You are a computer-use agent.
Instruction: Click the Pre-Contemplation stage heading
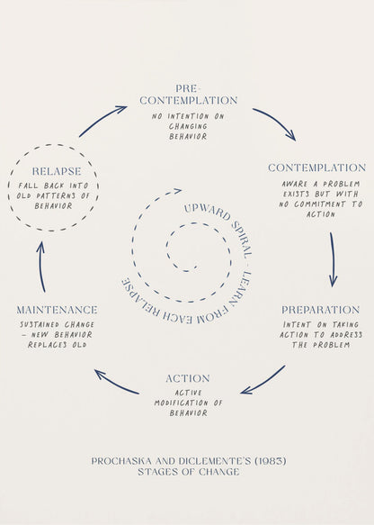click(x=189, y=95)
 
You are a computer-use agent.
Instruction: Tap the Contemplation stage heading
click(x=316, y=167)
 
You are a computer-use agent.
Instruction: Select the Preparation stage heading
click(x=320, y=310)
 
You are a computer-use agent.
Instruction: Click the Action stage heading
click(x=188, y=378)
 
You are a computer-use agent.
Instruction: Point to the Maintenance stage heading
click(x=56, y=310)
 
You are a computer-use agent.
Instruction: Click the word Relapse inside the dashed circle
click(x=56, y=171)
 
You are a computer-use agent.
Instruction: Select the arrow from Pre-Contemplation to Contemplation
click(x=274, y=124)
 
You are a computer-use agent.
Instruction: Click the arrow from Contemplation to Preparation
click(x=332, y=259)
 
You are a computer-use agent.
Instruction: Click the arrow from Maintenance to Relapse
click(x=40, y=267)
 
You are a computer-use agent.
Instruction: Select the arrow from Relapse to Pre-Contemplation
click(x=103, y=121)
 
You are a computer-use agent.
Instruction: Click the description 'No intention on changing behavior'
click(x=189, y=126)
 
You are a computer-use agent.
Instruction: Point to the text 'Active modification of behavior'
click(x=188, y=403)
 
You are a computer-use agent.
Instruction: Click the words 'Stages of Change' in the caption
click(x=188, y=472)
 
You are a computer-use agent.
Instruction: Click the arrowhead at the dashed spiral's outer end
click(x=177, y=191)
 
